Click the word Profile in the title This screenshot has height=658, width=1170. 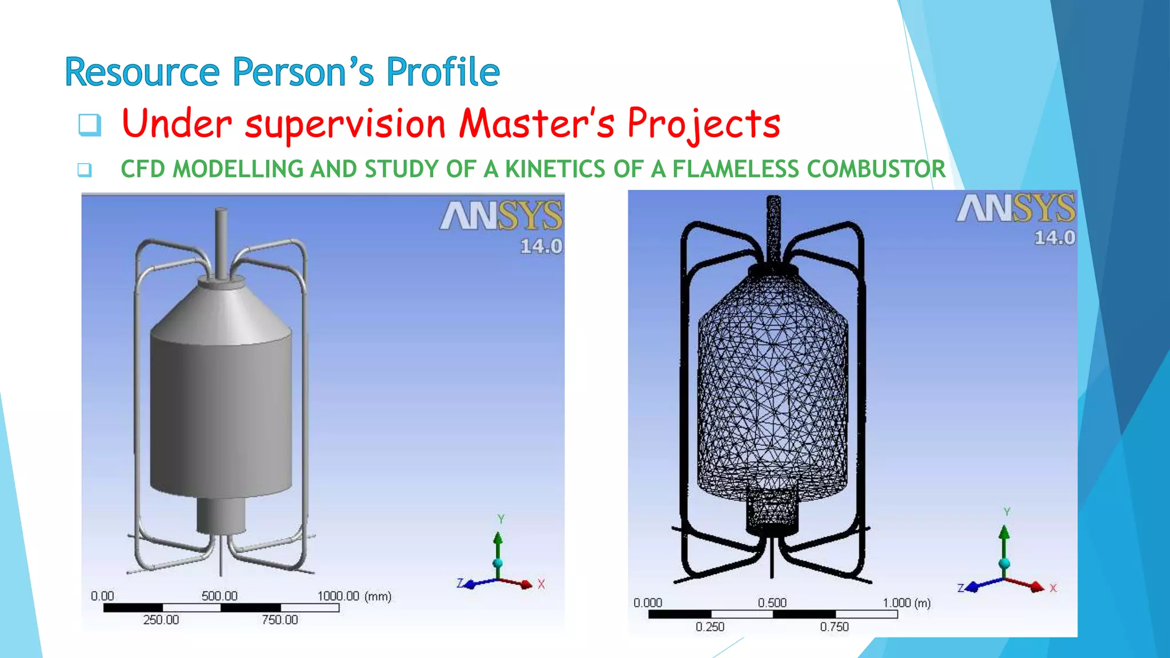point(443,73)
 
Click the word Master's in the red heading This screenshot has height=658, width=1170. point(537,123)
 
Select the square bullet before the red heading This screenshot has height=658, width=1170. point(90,125)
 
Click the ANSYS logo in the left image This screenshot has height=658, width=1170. point(501,216)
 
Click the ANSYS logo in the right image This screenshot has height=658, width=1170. point(1016,208)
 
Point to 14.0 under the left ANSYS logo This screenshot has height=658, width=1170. point(540,246)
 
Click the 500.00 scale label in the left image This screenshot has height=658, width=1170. point(219,596)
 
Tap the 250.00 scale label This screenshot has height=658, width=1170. point(161,620)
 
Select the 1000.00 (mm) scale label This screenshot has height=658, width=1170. point(354,596)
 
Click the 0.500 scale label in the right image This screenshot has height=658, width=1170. point(772,603)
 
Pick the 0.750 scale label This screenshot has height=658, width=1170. point(834,627)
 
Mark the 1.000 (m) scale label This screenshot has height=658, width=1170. point(906,603)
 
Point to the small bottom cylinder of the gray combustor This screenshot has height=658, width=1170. point(221,514)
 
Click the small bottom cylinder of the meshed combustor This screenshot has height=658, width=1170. point(772,508)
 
